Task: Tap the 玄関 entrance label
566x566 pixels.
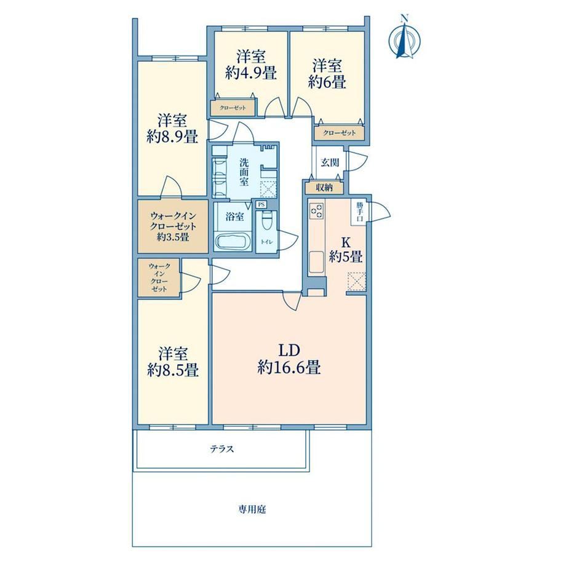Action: click(330, 162)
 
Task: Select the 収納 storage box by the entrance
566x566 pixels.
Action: click(324, 188)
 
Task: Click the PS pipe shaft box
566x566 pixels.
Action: click(261, 205)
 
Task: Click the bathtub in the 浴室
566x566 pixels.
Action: click(233, 241)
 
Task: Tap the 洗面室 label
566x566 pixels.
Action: click(244, 172)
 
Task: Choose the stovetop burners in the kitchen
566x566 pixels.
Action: click(317, 210)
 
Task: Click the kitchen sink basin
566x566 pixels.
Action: click(317, 261)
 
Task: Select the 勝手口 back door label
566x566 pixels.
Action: click(359, 212)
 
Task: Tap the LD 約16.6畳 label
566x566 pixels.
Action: click(289, 359)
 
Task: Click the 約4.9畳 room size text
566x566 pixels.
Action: click(251, 73)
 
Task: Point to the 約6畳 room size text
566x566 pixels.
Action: click(327, 82)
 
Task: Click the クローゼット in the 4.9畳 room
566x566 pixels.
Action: click(233, 108)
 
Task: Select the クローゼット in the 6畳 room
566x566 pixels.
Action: click(340, 133)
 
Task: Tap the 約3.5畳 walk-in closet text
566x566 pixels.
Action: click(173, 237)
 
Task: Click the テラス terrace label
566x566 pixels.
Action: click(222, 449)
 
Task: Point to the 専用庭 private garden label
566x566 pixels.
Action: click(252, 509)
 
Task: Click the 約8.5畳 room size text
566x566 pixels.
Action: click(173, 370)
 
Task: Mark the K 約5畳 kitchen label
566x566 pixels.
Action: click(346, 250)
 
